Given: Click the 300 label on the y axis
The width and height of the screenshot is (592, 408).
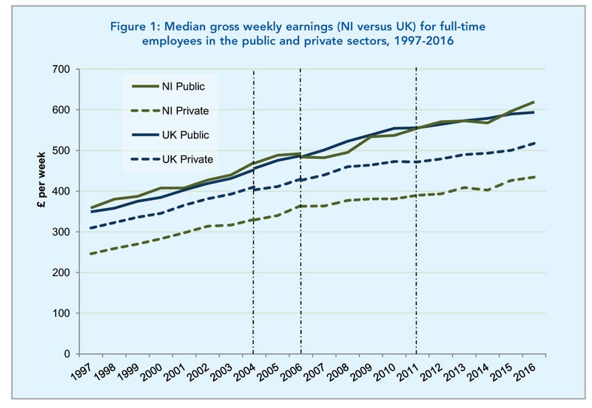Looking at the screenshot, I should pos(59,233).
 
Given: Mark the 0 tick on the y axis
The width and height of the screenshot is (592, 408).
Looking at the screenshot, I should pos(64,355).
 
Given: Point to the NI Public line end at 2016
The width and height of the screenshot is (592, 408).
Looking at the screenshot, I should pos(534,101).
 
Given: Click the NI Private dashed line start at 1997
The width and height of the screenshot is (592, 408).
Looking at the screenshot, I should pos(89,254).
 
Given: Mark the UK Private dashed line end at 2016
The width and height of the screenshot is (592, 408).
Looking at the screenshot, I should pos(534,143).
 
